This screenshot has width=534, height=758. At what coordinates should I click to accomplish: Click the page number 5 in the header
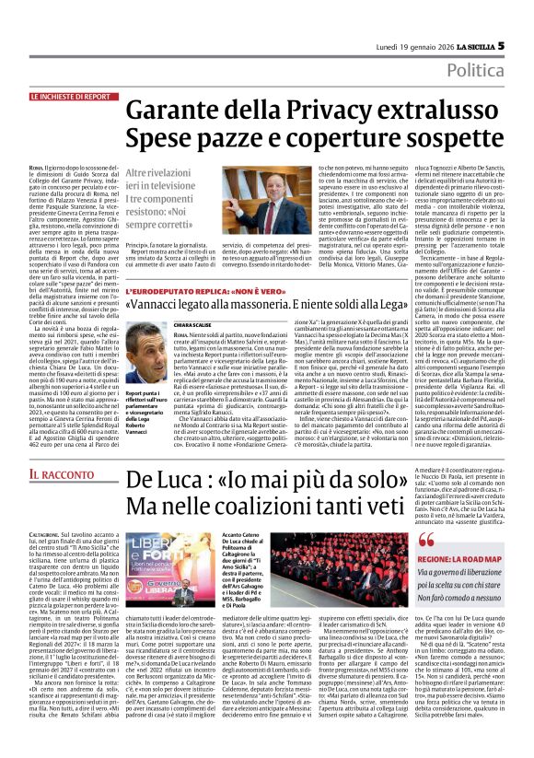(501, 19)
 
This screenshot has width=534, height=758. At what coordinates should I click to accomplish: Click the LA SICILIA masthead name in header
(466, 20)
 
